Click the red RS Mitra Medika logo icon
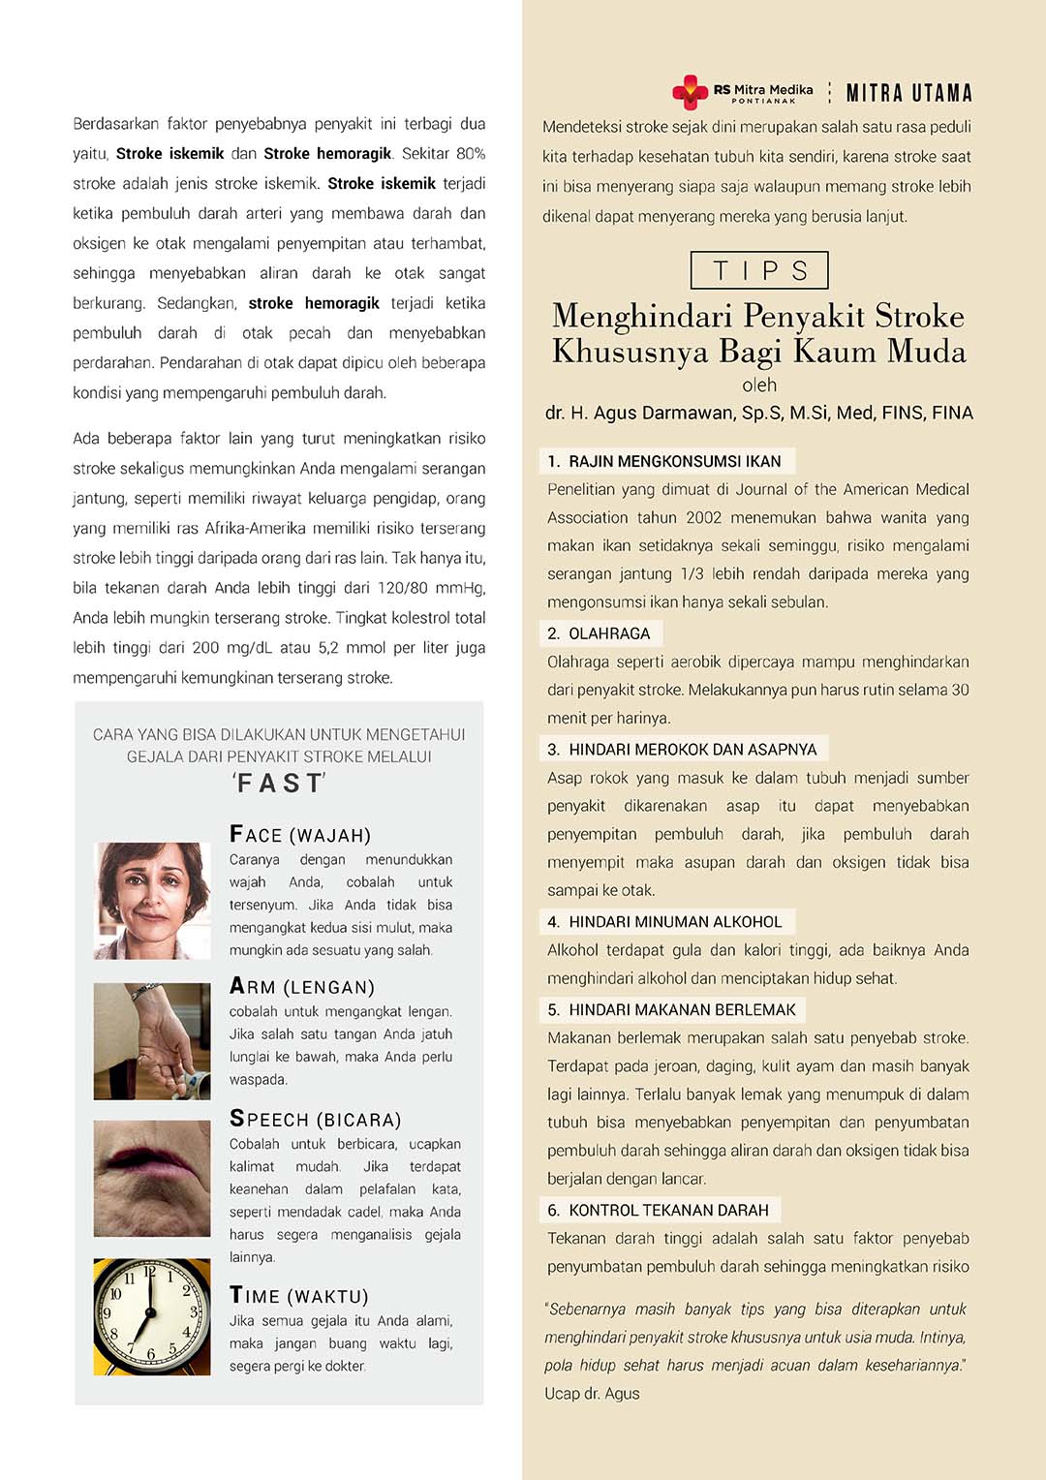[690, 92]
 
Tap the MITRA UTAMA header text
[908, 93]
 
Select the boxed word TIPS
[759, 270]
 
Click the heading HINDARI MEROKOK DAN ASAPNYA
[684, 749]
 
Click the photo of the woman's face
[152, 900]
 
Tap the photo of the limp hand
[152, 1041]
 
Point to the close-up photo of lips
[152, 1178]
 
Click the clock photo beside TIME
[152, 1316]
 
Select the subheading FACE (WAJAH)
[300, 834]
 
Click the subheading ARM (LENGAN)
[302, 986]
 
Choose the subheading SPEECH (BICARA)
[315, 1119]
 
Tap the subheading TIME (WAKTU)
[299, 1295]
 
